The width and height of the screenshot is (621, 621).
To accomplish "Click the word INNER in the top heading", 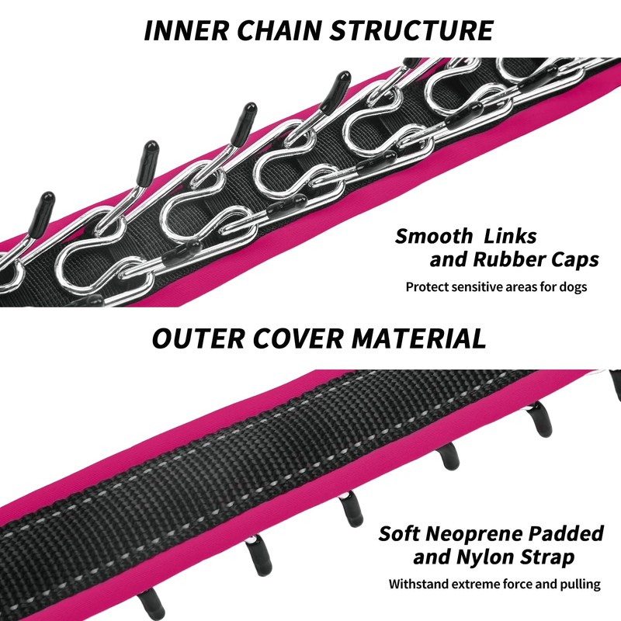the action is click(x=186, y=30).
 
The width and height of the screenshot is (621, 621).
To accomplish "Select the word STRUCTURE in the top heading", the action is click(x=411, y=30).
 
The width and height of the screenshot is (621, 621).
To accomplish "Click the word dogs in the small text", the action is click(x=573, y=286).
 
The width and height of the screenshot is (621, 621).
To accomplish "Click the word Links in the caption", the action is click(x=510, y=236).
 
